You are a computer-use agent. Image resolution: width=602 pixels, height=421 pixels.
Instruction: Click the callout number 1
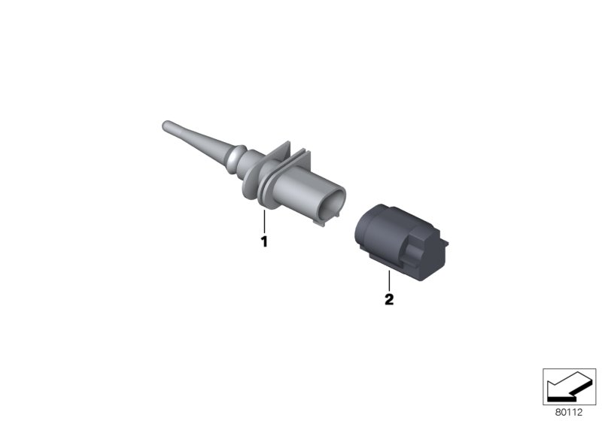264,242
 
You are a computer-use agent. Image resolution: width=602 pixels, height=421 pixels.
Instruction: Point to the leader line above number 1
264,223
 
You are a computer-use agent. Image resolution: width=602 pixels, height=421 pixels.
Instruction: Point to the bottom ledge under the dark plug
391,263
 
